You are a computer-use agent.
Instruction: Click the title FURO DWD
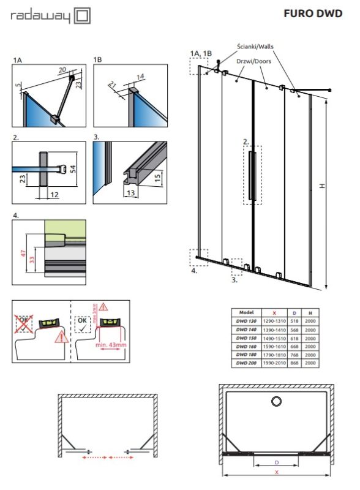[313, 13]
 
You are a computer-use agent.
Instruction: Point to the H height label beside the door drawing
[320, 187]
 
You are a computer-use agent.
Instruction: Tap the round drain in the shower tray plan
[276, 401]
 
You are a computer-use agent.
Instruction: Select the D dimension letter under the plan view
[277, 462]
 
